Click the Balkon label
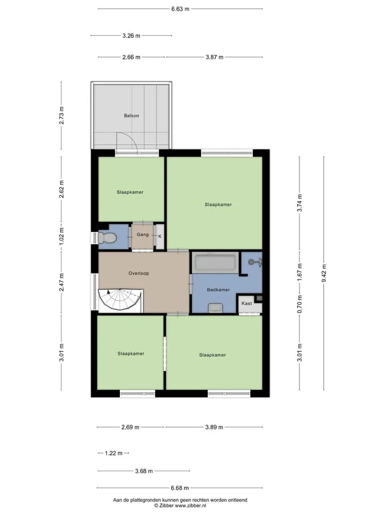pos(132,116)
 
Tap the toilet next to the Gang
pos(107,238)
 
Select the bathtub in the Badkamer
pos(215,263)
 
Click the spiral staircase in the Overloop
pos(120,300)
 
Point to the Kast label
pos(247,304)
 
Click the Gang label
pos(143,235)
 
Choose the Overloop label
pos(139,274)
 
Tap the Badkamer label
pos(218,290)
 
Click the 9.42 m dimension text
pos(324,273)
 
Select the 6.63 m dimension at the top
pos(180,9)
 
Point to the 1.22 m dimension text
pos(113,453)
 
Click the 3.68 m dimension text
pos(144,471)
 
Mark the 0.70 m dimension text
pos(300,304)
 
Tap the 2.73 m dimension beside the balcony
pos(61,116)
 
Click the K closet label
pos(160,236)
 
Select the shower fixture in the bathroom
pos(256,262)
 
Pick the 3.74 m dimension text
pos(300,203)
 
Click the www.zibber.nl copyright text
pos(180,506)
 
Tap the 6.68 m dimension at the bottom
pos(180,488)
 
